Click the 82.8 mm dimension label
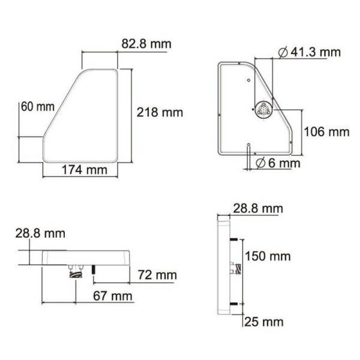(x=146, y=44)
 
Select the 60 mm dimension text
(x=37, y=107)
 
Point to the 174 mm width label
(x=85, y=170)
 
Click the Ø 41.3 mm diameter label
(x=310, y=52)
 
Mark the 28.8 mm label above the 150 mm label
(x=257, y=209)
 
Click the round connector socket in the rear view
(x=263, y=110)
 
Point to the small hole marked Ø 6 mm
(x=248, y=144)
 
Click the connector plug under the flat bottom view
(x=74, y=273)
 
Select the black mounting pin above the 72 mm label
(x=94, y=269)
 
